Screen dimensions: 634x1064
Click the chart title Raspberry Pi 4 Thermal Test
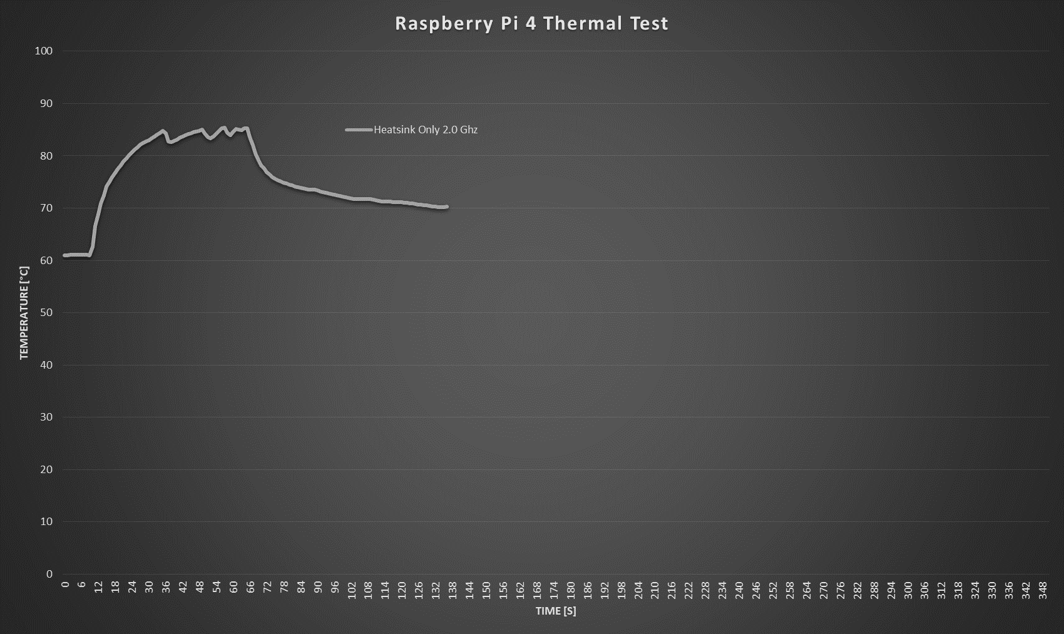(x=531, y=24)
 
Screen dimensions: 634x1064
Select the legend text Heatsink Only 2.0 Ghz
(x=426, y=130)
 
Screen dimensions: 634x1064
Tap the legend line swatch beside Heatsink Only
(x=359, y=130)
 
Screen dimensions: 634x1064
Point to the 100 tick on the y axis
(x=44, y=51)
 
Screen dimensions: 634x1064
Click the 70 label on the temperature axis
(x=46, y=208)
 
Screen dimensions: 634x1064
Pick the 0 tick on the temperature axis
(x=49, y=574)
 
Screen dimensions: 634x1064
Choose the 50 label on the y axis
(x=46, y=312)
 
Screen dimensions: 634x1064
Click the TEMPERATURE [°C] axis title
(x=24, y=313)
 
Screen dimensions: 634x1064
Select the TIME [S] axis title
(x=556, y=611)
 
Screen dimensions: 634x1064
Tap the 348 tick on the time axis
(x=1043, y=591)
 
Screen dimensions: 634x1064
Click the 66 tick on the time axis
(x=250, y=588)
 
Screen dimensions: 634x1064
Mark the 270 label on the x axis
(x=823, y=591)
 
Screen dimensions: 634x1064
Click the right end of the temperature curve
(x=446, y=207)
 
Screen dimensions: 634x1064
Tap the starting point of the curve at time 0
(x=64, y=255)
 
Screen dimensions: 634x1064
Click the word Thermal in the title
(x=576, y=24)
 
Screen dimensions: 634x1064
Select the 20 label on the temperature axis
(x=46, y=469)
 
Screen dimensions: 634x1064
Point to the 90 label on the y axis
(x=46, y=103)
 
